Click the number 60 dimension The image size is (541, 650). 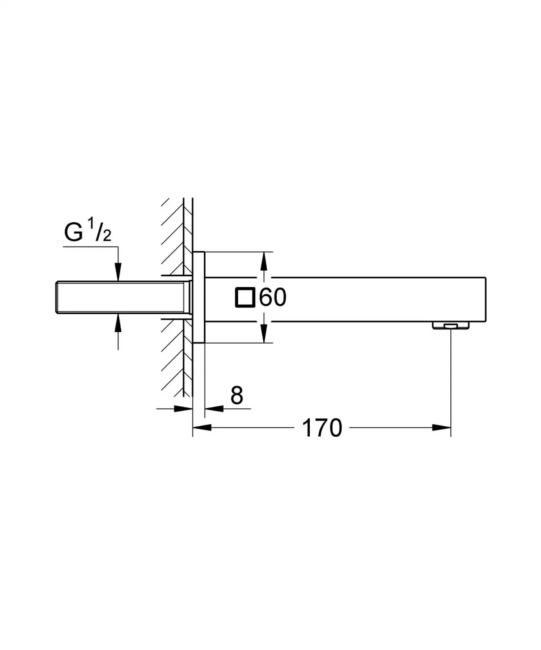pos(273,298)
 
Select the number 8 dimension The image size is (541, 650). pos(236,396)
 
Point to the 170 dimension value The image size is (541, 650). pos(322,428)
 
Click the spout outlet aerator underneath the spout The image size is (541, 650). pos(450,325)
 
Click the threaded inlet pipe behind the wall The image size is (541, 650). pos(122,298)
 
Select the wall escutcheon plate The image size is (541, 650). pos(199,298)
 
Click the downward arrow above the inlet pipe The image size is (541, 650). pos(118,273)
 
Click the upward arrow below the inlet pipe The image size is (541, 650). pos(118,322)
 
